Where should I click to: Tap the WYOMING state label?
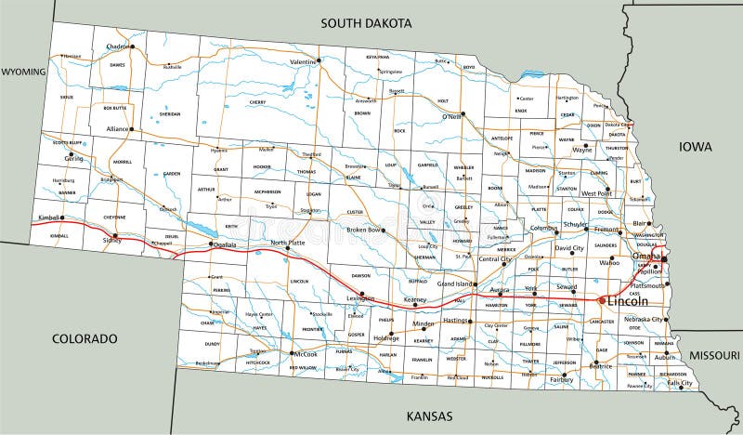(x=23, y=71)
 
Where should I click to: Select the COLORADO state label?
(x=85, y=337)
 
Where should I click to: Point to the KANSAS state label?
(x=428, y=415)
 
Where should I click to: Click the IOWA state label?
(x=694, y=146)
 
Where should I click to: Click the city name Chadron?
(x=118, y=46)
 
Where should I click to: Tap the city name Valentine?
(x=303, y=61)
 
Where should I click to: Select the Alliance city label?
(x=116, y=129)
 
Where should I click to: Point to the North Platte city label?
(x=287, y=243)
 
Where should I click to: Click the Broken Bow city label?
(x=364, y=229)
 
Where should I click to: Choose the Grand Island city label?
(x=457, y=283)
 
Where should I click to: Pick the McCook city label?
(x=306, y=353)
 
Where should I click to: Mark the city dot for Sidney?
(x=115, y=235)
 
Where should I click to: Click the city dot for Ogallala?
(x=210, y=244)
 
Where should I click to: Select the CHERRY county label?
(x=257, y=102)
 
